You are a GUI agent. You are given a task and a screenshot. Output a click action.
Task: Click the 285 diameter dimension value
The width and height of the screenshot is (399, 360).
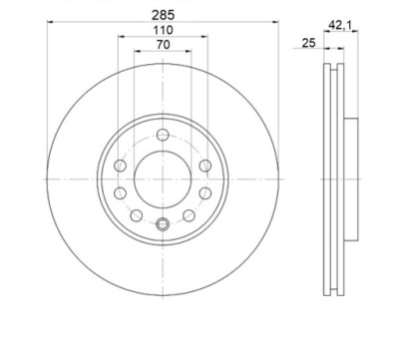pyautogui.click(x=163, y=15)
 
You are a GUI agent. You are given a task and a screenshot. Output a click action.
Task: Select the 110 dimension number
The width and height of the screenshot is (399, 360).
pyautogui.click(x=163, y=30)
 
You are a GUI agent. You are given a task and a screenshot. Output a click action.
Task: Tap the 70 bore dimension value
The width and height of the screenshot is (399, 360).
pyautogui.click(x=163, y=45)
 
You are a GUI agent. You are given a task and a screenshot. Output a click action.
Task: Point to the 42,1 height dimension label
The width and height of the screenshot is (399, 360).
pyautogui.click(x=340, y=24)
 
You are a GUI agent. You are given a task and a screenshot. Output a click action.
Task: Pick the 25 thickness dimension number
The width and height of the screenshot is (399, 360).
pyautogui.click(x=308, y=43)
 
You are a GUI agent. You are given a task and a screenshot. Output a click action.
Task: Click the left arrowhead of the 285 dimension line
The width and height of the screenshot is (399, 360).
pyautogui.click(x=50, y=22)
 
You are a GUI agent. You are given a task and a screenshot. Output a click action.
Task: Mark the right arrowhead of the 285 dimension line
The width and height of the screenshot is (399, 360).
pyautogui.click(x=275, y=22)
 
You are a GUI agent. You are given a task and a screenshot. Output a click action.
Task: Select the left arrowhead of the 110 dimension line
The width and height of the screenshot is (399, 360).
pyautogui.click(x=121, y=36)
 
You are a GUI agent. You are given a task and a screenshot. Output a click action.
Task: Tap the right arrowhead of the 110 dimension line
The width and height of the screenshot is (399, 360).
pyautogui.click(x=204, y=36)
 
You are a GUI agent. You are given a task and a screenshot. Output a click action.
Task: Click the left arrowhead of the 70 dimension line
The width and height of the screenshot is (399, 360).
pyautogui.click(x=138, y=51)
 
